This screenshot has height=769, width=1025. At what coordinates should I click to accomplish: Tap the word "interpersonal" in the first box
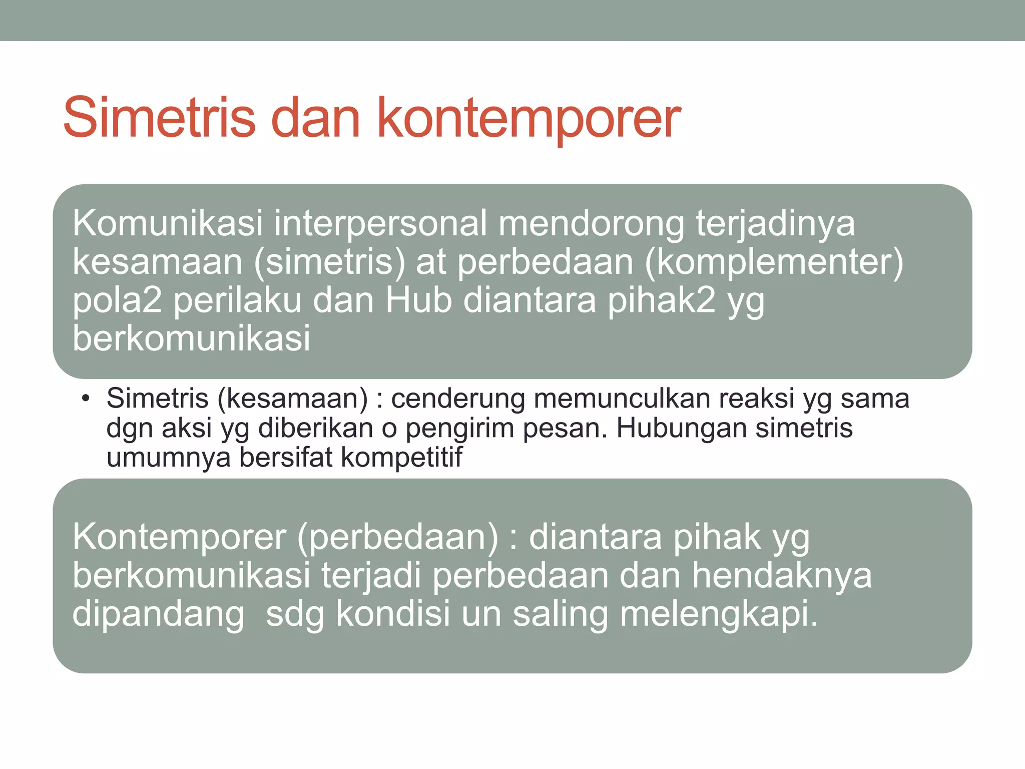point(380,223)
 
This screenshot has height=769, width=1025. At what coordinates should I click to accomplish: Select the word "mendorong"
point(591,223)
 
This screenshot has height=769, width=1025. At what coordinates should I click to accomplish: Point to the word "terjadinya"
point(775,223)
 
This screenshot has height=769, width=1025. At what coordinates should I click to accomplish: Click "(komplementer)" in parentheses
point(774,262)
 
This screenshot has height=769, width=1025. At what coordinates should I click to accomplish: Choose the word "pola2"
point(117,300)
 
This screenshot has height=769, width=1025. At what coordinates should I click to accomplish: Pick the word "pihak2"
point(661,300)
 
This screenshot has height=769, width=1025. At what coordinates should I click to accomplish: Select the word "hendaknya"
point(782,576)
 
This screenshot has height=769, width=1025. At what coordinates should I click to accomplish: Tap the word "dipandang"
point(158,614)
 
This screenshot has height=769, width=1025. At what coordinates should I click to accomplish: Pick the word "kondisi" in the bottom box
point(393,614)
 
